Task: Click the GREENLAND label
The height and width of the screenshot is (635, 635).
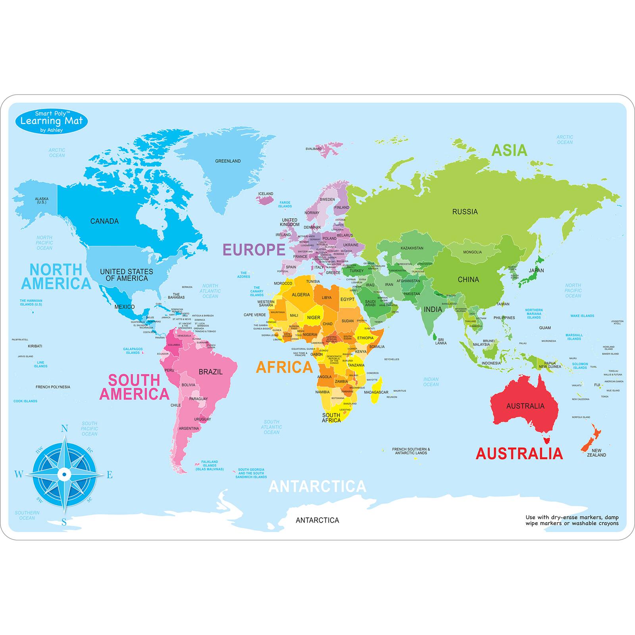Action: pos(228,161)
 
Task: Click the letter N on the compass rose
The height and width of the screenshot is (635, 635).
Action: pos(64,429)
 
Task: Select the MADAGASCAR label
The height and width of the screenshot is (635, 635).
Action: pos(376,392)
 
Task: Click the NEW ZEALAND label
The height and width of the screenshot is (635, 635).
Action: pos(596,452)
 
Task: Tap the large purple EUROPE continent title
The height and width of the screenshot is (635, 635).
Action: pos(254,250)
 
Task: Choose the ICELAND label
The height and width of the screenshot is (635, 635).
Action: pos(266,194)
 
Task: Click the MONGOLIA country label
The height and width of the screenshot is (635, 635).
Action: pos(472,252)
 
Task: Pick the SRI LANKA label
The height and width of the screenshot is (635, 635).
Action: pos(441,341)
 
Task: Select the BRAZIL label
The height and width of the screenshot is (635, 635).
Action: pos(211,372)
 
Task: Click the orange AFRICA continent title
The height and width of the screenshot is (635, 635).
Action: pos(284,368)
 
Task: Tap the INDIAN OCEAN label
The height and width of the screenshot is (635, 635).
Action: pos(431,382)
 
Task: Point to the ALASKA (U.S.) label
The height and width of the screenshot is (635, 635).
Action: pos(41,200)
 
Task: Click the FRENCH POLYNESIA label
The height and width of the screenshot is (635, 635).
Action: pos(53,387)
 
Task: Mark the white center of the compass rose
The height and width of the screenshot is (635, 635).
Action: pos(64,474)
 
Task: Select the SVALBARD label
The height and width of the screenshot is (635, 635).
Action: pos(313,149)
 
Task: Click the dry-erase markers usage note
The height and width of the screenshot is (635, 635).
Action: pos(571,520)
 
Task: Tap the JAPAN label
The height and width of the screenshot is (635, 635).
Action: pos(536,270)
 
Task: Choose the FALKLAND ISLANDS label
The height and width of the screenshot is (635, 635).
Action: pos(210,465)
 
